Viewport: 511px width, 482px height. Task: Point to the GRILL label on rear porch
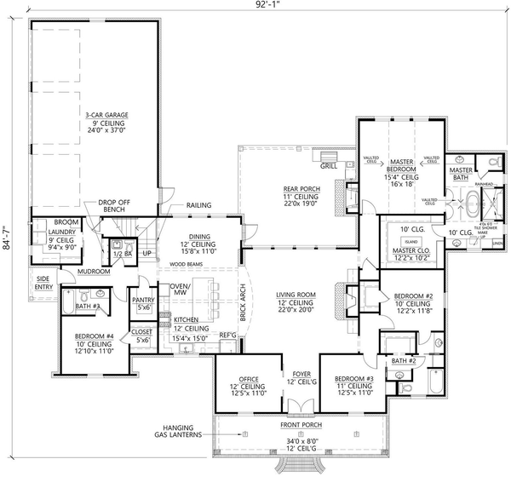[330, 154]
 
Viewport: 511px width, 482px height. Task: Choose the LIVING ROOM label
[295, 295]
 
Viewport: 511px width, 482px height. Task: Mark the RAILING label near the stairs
[198, 205]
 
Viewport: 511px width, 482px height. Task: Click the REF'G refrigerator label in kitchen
[228, 335]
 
